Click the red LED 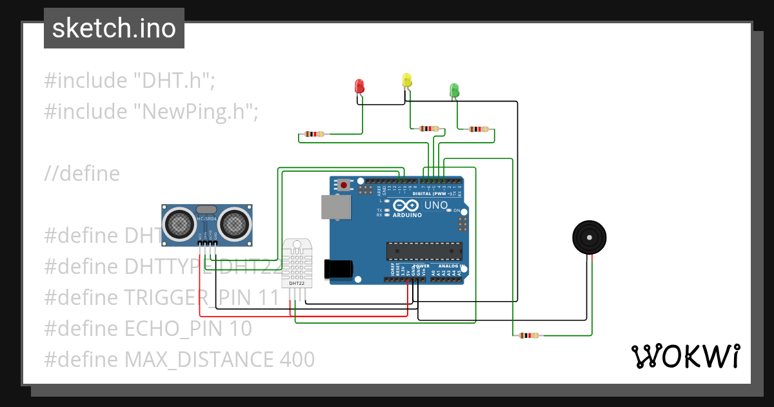(360, 86)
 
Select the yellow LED (407, 80)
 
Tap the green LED (454, 90)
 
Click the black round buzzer (590, 237)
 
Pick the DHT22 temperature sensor (297, 264)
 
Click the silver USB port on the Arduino (336, 207)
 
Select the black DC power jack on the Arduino (341, 270)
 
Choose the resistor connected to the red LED (313, 134)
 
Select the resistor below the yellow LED (428, 129)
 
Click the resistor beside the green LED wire (478, 129)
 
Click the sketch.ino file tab (114, 28)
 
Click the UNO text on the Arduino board (435, 205)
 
